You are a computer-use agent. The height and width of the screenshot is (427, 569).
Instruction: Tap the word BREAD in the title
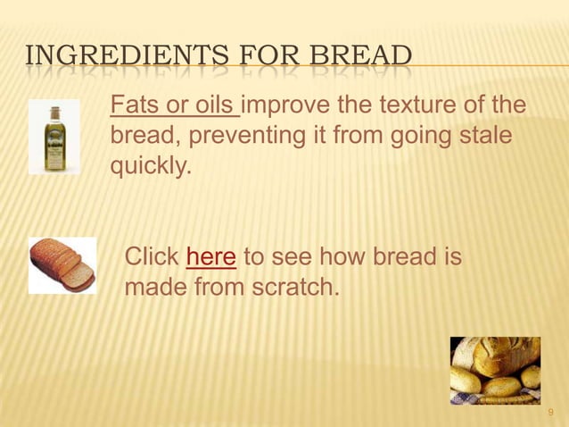[362, 55]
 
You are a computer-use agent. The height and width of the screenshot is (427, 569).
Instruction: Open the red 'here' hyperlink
[211, 258]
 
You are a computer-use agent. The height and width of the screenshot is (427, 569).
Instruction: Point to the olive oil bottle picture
[54, 137]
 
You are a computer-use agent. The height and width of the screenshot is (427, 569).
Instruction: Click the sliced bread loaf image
[62, 265]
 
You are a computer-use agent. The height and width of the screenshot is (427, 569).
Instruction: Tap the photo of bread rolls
[495, 371]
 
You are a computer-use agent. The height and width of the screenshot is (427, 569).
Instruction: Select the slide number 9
[550, 412]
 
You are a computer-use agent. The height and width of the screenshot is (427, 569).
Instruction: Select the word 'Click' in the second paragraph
[152, 258]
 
